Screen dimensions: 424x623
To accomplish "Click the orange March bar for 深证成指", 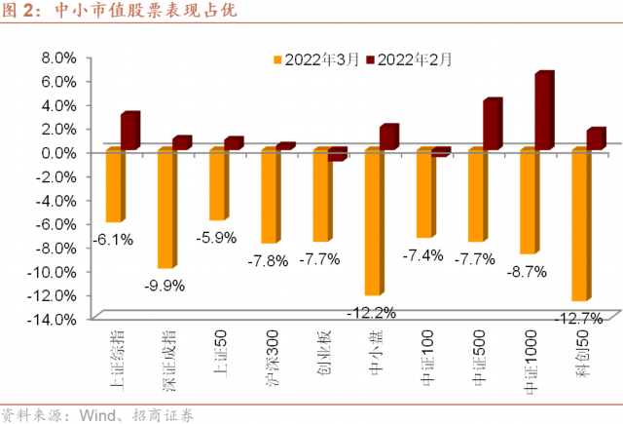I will point(165,208).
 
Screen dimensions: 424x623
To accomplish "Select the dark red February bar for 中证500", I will point(491,125).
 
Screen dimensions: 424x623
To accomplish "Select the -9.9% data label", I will point(165,285).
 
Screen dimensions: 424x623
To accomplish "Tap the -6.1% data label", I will point(114,239).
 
